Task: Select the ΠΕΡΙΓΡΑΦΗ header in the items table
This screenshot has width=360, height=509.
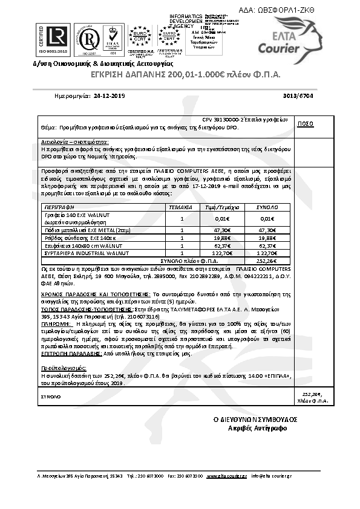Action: click(57, 207)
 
